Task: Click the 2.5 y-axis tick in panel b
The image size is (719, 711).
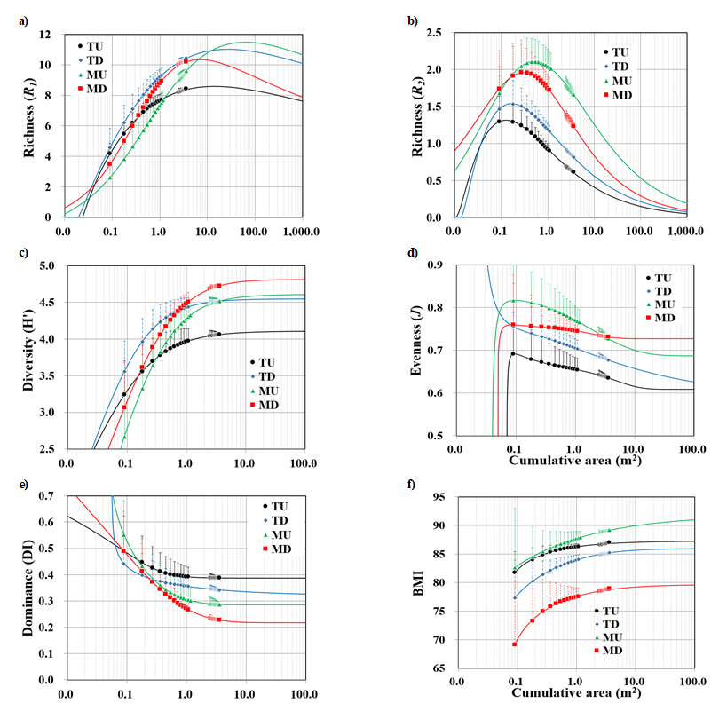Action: [x=434, y=33]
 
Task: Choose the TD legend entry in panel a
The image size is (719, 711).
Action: [x=99, y=59]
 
